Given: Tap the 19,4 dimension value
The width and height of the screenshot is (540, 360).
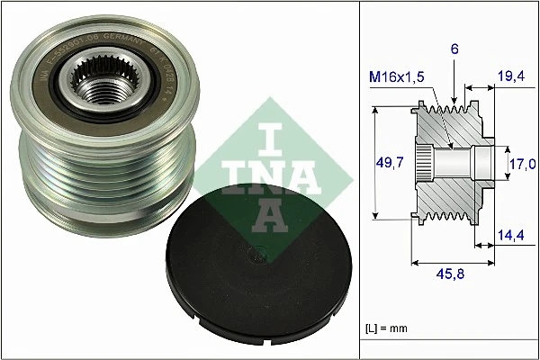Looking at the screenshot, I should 511,78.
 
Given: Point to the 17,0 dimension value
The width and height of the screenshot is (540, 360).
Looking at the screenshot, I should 521,163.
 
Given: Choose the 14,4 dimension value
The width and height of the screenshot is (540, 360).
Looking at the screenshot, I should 511,236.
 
